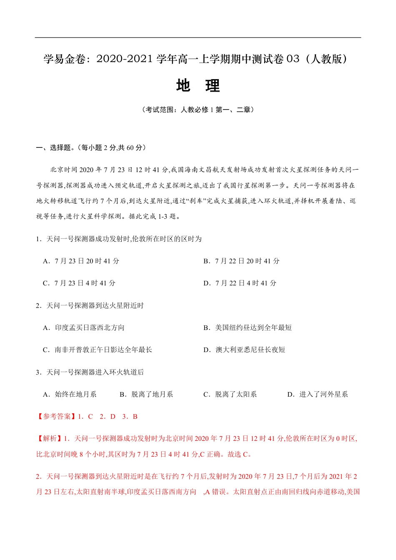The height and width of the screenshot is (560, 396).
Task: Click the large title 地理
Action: [x=198, y=85]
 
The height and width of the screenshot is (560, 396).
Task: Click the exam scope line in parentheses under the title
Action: [x=198, y=110]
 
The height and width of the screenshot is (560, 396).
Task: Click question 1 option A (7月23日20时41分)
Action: [x=81, y=261]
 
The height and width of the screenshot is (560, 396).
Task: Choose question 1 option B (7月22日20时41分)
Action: [x=241, y=261]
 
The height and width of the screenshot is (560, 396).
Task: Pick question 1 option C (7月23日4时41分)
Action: [x=79, y=283]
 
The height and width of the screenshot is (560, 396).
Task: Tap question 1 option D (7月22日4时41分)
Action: [x=240, y=283]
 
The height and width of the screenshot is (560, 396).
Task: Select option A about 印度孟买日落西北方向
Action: [x=84, y=328]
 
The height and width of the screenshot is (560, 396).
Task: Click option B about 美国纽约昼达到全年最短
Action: [x=248, y=328]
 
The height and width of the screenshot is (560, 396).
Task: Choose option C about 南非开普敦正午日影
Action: [x=98, y=350]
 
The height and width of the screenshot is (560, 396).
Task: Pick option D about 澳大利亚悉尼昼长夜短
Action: [x=244, y=350]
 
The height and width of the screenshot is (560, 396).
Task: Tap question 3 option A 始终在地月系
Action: [x=70, y=395]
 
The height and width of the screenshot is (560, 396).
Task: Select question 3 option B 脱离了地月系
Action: [x=146, y=395]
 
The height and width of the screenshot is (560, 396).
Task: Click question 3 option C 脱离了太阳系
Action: [x=230, y=395]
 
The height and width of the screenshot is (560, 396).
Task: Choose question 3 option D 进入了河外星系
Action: [x=318, y=395]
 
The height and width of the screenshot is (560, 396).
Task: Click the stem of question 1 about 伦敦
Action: [x=119, y=239]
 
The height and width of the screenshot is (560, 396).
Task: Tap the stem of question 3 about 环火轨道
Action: [x=90, y=372]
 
